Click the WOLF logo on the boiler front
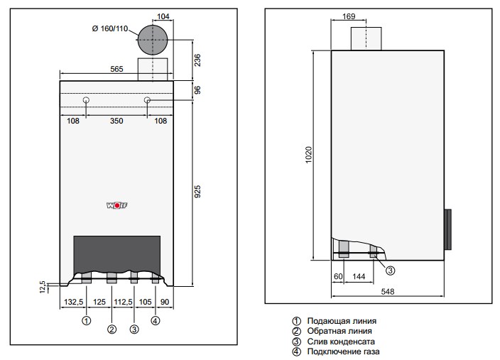[x=116, y=206]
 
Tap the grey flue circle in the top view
[x=153, y=40]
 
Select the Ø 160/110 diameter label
[x=109, y=28]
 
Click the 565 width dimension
[x=116, y=69]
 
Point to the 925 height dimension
[x=197, y=192]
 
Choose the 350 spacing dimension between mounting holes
[x=116, y=121]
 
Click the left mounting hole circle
[x=86, y=100]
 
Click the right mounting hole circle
[x=147, y=100]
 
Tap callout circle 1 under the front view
[x=87, y=320]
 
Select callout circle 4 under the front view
[x=156, y=320]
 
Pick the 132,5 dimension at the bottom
[x=74, y=302]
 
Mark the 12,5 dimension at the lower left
[x=43, y=288]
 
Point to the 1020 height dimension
[x=309, y=155]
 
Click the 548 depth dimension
[x=388, y=291]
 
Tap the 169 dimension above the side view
[x=349, y=16]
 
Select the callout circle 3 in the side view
[x=391, y=271]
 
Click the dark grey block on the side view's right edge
[x=447, y=229]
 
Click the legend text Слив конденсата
[x=341, y=342]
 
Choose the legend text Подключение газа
[x=343, y=351]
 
